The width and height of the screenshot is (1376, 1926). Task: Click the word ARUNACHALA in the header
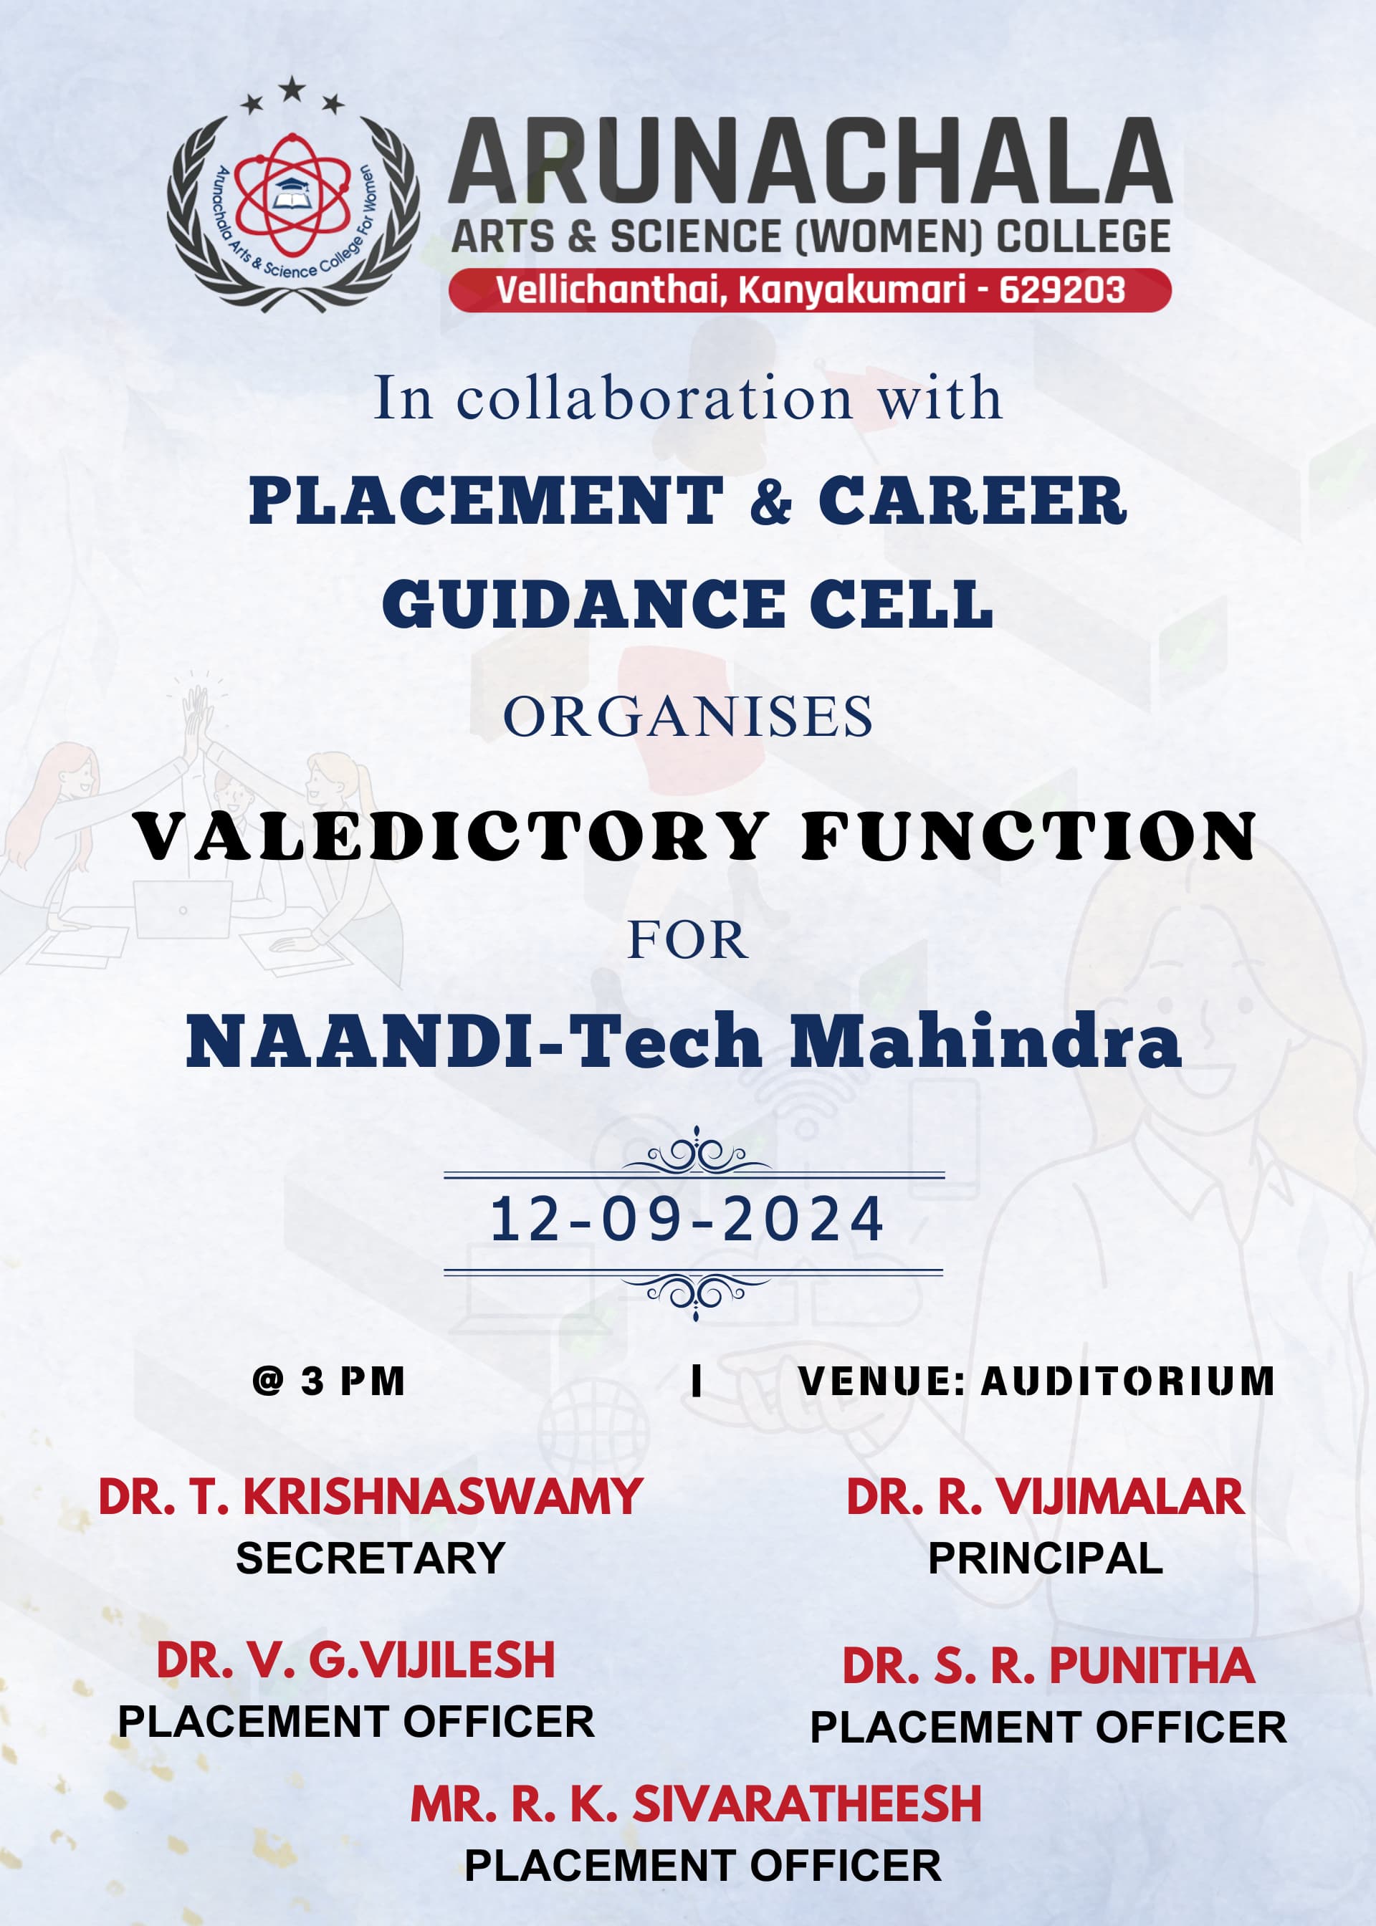pos(809,163)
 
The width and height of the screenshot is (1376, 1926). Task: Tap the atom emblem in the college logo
pos(292,195)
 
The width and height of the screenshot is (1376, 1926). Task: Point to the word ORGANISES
pos(687,717)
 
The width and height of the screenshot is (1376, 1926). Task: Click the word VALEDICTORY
pos(451,837)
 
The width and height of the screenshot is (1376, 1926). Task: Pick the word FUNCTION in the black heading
pos(1028,837)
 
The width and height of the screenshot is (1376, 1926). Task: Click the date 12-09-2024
pos(687,1220)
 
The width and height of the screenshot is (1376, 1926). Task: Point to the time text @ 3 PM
pos(329,1381)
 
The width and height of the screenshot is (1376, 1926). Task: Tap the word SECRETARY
pos(371,1558)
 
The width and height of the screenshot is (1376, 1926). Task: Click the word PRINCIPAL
pos(1045,1558)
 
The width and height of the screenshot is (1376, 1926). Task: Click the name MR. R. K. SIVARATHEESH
pos(696,1803)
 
